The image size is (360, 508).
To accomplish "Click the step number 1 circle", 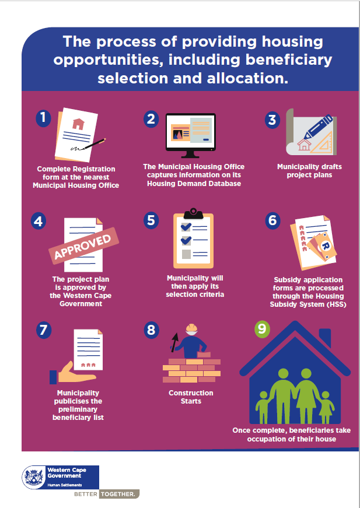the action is pyautogui.click(x=43, y=118).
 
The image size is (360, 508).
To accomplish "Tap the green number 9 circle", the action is pyautogui.click(x=262, y=329).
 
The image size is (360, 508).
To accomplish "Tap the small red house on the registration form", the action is pyautogui.click(x=78, y=123).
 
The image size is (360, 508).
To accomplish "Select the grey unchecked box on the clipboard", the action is pyautogui.click(x=186, y=254).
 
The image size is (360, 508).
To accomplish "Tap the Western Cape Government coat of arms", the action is pyautogui.click(x=33, y=478).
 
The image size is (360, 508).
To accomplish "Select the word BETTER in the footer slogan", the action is pyautogui.click(x=85, y=494).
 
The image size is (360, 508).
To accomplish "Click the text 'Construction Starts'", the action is pyautogui.click(x=191, y=397).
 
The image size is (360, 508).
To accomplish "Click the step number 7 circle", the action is pyautogui.click(x=43, y=330).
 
